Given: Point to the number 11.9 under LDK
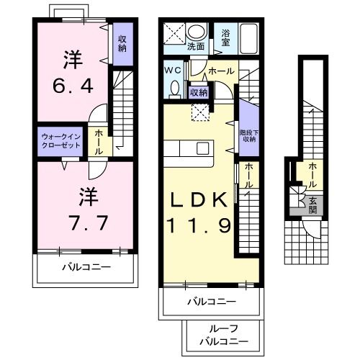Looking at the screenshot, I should click(200, 225).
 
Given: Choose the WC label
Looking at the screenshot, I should click(174, 71).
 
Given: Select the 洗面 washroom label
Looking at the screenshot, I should click(196, 46).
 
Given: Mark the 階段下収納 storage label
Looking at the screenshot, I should click(248, 136).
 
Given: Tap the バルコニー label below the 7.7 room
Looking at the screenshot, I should click(86, 267).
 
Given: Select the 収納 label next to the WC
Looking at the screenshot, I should click(199, 92).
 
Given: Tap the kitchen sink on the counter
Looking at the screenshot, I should click(203, 148).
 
